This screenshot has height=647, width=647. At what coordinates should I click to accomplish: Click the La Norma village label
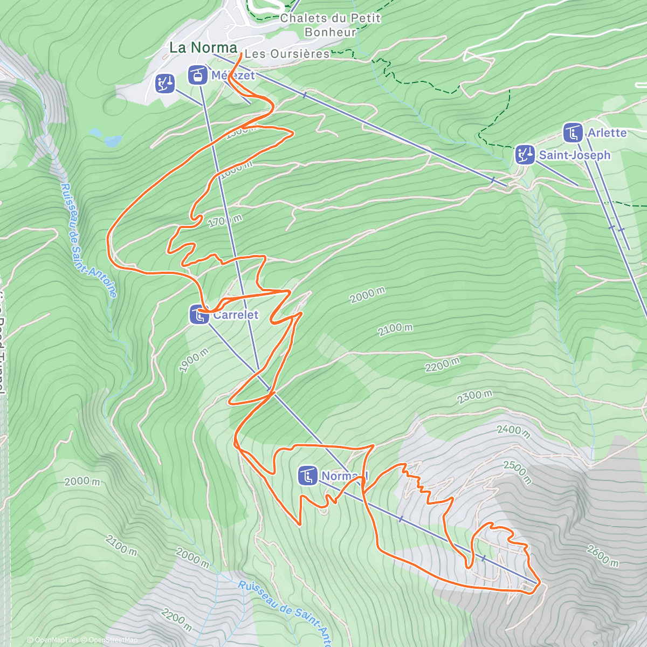203,47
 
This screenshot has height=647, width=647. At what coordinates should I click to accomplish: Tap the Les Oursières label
287,54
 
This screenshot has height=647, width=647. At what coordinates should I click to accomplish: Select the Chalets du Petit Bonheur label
331,25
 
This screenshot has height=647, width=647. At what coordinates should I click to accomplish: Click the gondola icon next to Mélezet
197,75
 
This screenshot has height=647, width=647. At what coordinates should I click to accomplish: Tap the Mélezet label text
233,75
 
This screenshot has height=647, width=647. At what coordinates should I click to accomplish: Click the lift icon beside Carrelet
199,314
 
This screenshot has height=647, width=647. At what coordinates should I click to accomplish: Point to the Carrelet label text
236,315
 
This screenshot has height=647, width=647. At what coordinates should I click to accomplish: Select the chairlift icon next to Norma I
308,476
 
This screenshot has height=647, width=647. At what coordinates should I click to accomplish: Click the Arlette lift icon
573,133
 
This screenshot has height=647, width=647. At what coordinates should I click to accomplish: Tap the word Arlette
607,133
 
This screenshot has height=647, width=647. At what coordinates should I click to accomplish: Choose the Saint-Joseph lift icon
524,155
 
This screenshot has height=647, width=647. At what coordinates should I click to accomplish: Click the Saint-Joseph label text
575,155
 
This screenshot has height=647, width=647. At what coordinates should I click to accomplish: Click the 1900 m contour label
194,360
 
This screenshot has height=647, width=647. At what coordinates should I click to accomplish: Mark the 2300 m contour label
474,397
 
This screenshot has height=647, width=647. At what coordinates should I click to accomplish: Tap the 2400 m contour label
513,430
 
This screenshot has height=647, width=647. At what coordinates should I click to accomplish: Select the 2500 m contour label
517,473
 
